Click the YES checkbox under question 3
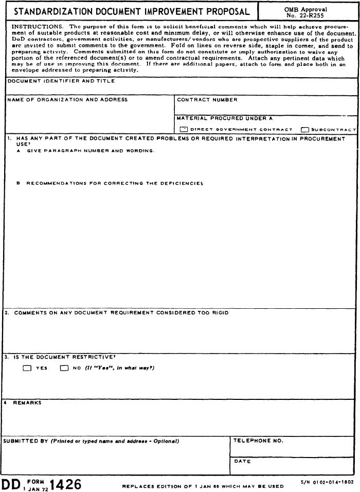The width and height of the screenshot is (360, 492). [27, 368]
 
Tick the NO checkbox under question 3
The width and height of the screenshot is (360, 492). [64, 368]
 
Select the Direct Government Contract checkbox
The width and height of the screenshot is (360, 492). [184, 129]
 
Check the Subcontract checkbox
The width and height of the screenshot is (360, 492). [305, 129]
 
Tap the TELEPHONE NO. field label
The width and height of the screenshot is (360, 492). [258, 441]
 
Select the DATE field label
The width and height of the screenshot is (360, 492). [243, 461]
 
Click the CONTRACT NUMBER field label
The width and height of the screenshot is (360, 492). [207, 100]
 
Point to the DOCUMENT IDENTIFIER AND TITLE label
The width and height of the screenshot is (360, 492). [61, 81]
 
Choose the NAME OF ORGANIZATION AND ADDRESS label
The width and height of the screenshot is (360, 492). [67, 100]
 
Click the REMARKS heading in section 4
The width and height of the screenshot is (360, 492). [27, 403]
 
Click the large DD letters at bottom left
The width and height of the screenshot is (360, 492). [10, 484]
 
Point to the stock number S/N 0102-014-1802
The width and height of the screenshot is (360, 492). [327, 482]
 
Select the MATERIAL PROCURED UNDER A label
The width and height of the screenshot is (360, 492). [224, 118]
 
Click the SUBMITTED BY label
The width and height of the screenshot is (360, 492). [26, 441]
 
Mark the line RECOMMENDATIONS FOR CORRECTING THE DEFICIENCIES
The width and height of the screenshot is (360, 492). [114, 183]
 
